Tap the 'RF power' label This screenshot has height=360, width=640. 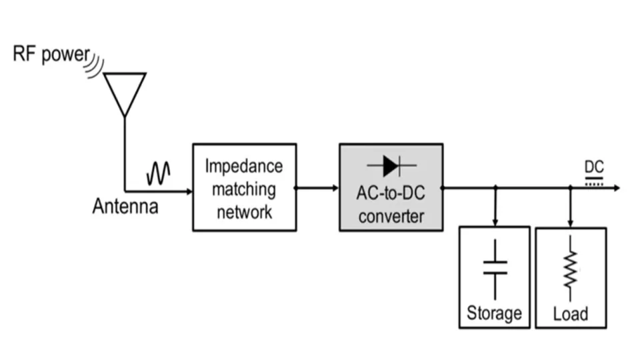click(51, 55)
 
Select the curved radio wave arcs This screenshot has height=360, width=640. click(97, 64)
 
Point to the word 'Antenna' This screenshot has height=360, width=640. click(125, 207)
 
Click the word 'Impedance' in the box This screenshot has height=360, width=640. click(244, 165)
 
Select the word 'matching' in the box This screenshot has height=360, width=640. click(244, 189)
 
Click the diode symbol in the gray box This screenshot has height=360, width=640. click(391, 165)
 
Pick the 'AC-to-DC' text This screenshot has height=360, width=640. click(391, 195)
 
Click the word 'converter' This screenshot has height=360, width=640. click(391, 216)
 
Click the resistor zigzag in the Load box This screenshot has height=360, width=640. click(571, 269)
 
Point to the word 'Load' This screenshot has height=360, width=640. click(571, 313)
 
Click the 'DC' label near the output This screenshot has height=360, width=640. click(594, 167)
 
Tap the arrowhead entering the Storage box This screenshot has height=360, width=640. click(495, 222)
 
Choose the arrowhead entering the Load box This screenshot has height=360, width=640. click(571, 222)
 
